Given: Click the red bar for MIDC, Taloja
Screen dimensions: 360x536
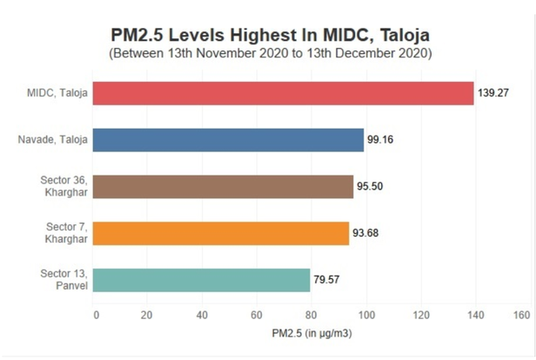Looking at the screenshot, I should pyautogui.click(x=283, y=93).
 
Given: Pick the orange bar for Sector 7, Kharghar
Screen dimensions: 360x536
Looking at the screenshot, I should pyautogui.click(x=221, y=233).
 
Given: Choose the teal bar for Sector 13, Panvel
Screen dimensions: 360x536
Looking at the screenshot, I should pyautogui.click(x=202, y=280).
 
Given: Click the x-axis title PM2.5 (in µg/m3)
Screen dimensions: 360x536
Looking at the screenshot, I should pyautogui.click(x=310, y=333).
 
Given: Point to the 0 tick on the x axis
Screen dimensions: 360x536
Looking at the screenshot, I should pyautogui.click(x=96, y=314).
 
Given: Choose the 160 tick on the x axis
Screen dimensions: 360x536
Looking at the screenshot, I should pyautogui.click(x=522, y=314).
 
